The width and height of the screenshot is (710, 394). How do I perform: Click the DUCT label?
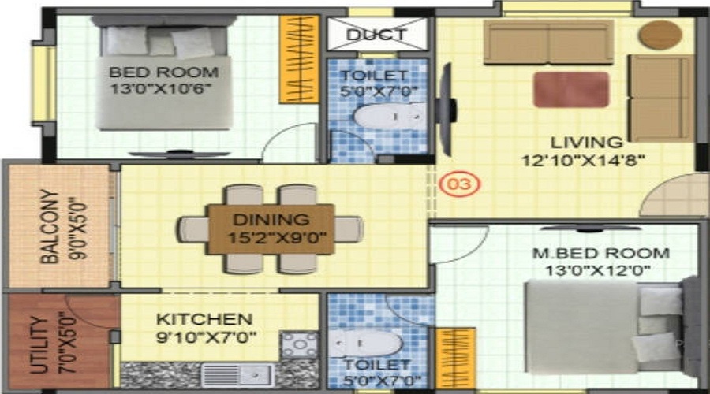click(376, 35)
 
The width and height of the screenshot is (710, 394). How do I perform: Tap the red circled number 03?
click(460, 186)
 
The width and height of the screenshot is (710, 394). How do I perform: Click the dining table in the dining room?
click(271, 229)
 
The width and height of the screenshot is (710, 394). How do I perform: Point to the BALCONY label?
click(49, 226)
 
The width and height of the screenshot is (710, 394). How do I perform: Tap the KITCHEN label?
click(204, 319)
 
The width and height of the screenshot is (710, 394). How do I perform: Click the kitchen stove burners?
click(300, 345)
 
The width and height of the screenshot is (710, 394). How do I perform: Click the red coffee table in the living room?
click(570, 89)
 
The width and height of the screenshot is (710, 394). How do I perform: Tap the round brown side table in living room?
click(660, 35)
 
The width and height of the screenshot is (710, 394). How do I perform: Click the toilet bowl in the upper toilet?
click(378, 117)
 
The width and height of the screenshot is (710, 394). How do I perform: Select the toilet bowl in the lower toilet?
click(365, 342)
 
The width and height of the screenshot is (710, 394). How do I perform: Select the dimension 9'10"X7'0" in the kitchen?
click(207, 337)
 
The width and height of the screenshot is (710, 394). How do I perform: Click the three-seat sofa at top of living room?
click(548, 42)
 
